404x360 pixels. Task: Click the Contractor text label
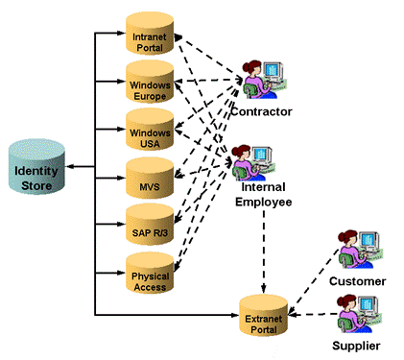261,112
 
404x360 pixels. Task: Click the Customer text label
357,281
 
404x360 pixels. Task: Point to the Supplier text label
356,345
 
